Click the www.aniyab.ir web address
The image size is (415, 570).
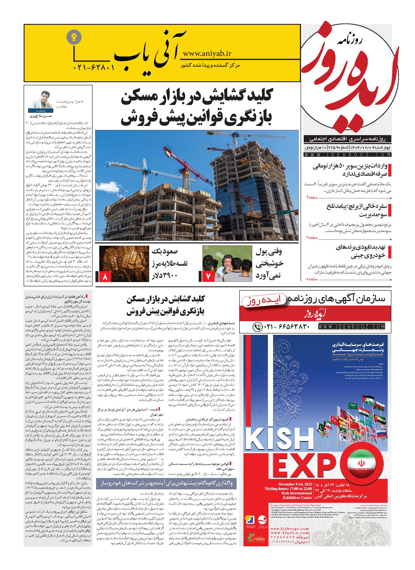[x=207, y=54]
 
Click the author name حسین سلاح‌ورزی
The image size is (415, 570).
[x=40, y=116]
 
